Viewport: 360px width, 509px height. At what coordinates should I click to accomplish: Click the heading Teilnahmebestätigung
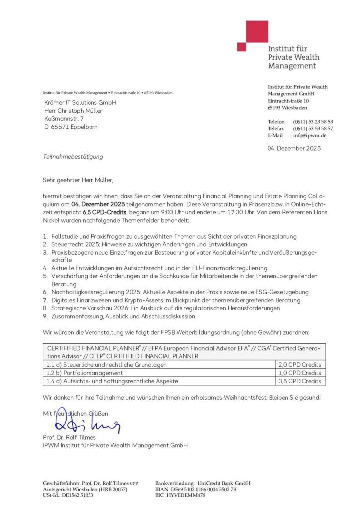tap(73, 157)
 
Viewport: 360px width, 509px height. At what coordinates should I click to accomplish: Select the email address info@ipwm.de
tap(309, 135)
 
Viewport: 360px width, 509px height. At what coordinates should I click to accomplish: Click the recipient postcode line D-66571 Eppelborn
tap(71, 127)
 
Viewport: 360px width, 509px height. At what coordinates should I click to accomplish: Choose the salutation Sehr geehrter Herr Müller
tap(82, 180)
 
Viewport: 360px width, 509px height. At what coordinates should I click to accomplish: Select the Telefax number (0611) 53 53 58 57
tap(313, 129)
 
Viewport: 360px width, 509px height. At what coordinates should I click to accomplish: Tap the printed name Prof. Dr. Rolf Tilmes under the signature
tap(70, 437)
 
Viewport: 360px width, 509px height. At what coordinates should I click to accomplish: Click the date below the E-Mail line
tap(294, 148)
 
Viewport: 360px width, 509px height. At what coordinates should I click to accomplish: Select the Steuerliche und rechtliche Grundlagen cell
tap(106, 364)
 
